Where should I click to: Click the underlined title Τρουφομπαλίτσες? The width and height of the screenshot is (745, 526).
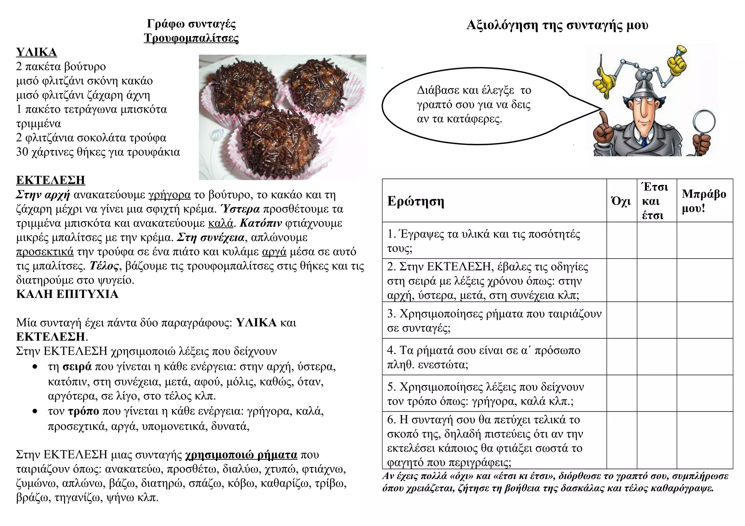[x=191, y=38]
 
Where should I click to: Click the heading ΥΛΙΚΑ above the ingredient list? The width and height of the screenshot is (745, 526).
[x=36, y=52]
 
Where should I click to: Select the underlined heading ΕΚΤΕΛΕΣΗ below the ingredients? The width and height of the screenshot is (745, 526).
[x=51, y=180]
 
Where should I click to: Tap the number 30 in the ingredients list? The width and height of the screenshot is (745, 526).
[x=23, y=152]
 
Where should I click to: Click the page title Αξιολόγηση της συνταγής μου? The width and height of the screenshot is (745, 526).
[x=557, y=25]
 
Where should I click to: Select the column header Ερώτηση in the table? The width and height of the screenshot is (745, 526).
[x=415, y=201]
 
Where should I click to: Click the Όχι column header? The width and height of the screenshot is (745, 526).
[x=621, y=201]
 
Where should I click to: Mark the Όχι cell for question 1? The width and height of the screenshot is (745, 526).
[x=621, y=240]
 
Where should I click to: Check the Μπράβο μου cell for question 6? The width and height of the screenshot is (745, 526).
[x=704, y=440]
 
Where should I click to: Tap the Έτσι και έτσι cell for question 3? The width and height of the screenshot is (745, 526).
[x=656, y=320]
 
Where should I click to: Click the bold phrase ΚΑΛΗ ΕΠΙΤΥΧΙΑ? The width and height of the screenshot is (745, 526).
[x=67, y=294]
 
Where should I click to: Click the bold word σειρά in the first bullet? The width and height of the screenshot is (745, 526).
[x=77, y=367]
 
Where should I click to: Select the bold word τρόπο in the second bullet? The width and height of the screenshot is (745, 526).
[x=83, y=411]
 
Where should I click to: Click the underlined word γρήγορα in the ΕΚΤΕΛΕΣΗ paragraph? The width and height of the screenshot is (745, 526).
[x=170, y=195]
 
